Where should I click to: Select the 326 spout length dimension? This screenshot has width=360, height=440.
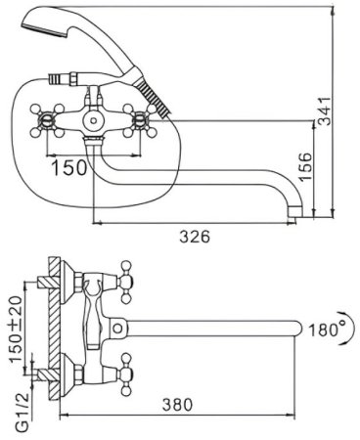pyautogui.click(x=195, y=236)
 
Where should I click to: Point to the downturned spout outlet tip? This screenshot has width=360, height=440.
pyautogui.click(x=291, y=208)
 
